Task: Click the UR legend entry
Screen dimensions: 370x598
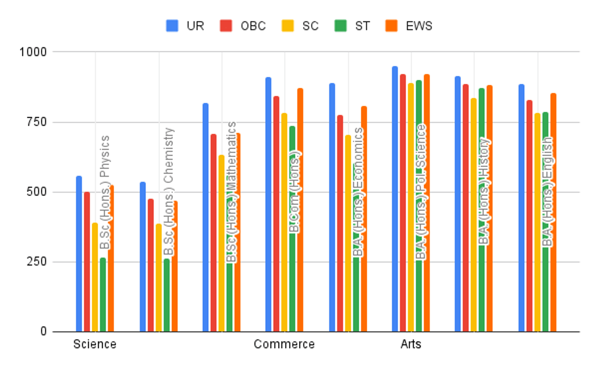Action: pyautogui.click(x=185, y=26)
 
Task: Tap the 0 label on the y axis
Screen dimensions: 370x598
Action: pyautogui.click(x=44, y=332)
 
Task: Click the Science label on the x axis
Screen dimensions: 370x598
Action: pyautogui.click(x=95, y=345)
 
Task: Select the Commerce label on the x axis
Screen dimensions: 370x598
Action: pyautogui.click(x=284, y=345)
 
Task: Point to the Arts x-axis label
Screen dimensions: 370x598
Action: pyautogui.click(x=411, y=345)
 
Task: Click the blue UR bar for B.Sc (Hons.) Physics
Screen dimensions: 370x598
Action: pyautogui.click(x=79, y=254)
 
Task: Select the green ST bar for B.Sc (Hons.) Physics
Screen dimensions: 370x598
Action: pyautogui.click(x=103, y=294)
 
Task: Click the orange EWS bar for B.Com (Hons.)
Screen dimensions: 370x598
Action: pyautogui.click(x=300, y=210)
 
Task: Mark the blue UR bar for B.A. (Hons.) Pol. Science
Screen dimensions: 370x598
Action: pyautogui.click(x=395, y=199)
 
